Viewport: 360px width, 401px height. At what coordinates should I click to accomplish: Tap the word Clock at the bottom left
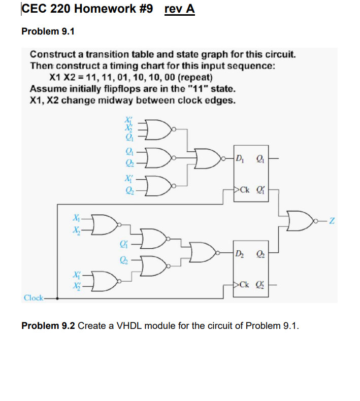tap(34, 298)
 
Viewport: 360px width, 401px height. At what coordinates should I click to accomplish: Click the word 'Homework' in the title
tap(104, 10)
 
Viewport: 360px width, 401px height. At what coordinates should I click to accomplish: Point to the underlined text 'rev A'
tap(180, 10)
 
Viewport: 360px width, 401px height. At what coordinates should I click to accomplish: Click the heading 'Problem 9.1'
tap(48, 31)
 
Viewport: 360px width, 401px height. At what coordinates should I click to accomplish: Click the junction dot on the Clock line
tap(57, 298)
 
